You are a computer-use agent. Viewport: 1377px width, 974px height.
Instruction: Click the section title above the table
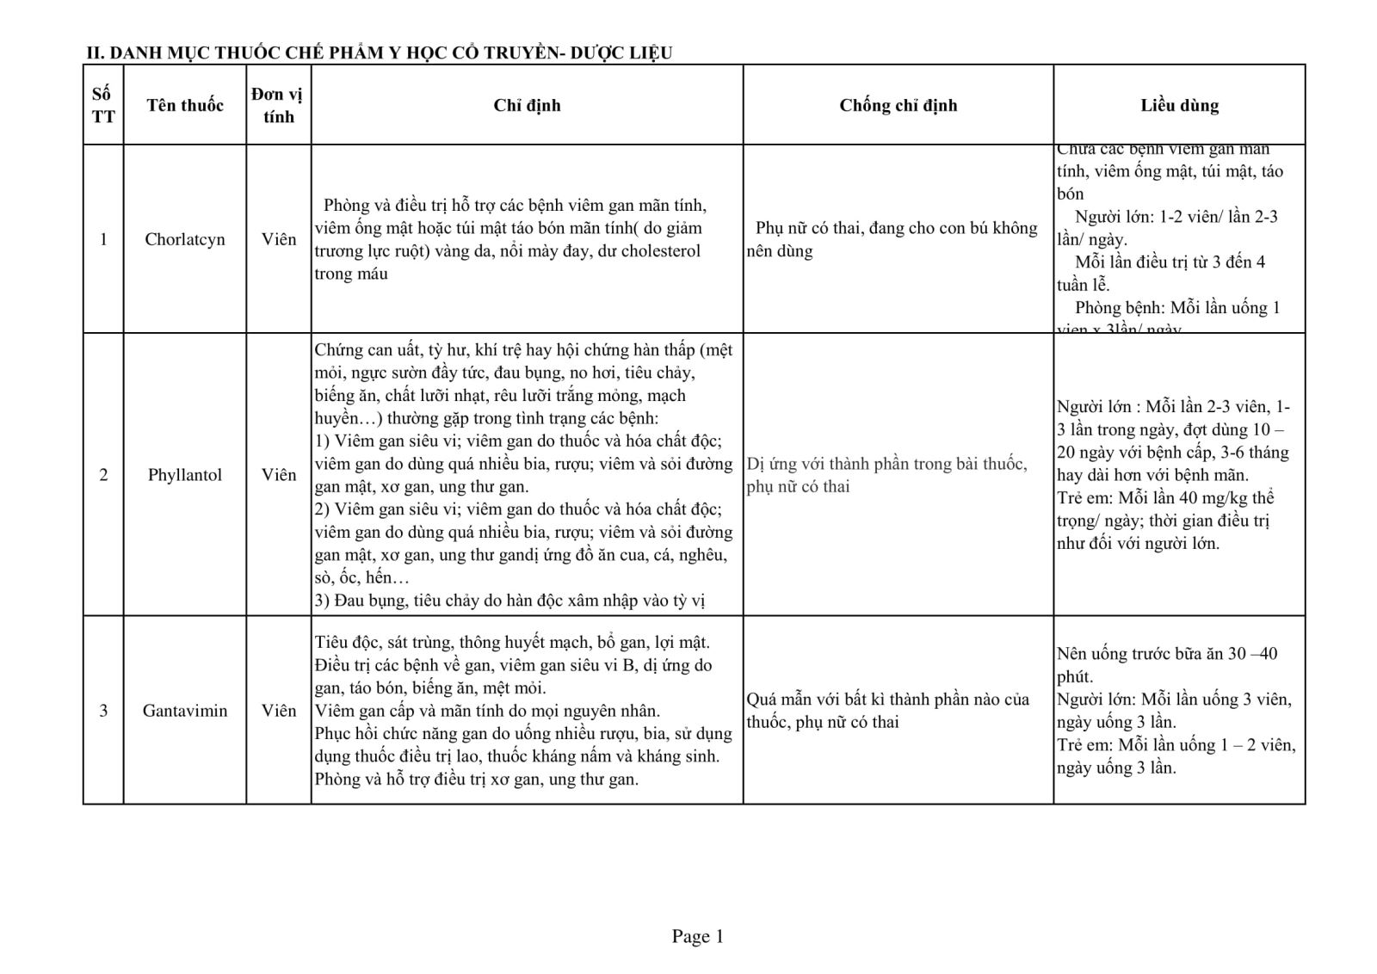[x=379, y=52]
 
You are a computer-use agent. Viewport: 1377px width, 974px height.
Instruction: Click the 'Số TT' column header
[x=103, y=105]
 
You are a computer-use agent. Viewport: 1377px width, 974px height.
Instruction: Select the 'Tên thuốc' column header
[x=185, y=105]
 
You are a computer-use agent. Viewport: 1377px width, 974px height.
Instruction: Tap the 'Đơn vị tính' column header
[x=278, y=105]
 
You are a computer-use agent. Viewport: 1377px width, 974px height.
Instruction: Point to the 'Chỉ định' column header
[x=527, y=105]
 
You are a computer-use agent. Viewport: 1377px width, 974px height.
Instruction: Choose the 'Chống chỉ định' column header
[x=898, y=105]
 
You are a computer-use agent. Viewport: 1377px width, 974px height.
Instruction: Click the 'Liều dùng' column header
[x=1179, y=105]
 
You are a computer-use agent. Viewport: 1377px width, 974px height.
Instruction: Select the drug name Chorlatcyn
[x=185, y=239]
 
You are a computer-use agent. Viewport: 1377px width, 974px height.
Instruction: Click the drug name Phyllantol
[x=185, y=475]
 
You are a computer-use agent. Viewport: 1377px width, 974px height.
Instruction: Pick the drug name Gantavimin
[x=185, y=711]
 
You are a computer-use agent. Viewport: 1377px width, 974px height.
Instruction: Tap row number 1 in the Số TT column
[x=103, y=239]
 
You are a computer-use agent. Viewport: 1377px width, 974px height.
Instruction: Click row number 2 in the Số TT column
[x=103, y=475]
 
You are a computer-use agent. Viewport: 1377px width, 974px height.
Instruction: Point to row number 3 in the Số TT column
[x=103, y=711]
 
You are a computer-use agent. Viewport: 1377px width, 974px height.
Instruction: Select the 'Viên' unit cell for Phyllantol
[x=278, y=475]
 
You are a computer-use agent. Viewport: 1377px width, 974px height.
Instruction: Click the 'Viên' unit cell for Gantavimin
[x=278, y=711]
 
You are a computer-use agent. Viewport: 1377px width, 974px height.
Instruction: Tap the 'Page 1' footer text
[x=697, y=936]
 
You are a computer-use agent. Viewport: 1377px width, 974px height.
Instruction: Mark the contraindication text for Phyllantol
[x=886, y=475]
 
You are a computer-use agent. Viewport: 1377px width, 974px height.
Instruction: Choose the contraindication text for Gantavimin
[x=886, y=711]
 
